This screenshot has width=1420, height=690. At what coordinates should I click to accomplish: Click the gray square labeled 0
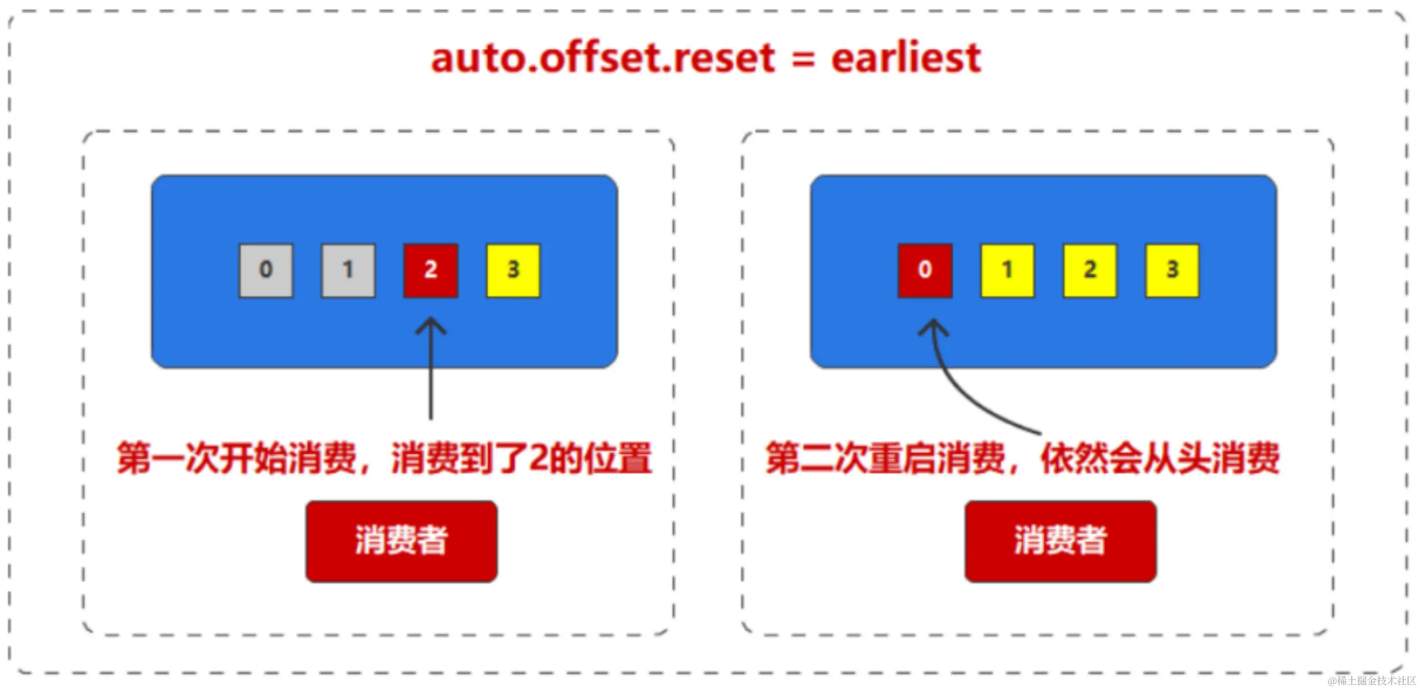[x=266, y=271]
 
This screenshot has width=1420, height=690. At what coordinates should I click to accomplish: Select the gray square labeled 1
[x=348, y=271]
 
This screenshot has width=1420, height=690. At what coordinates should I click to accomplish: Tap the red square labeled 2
[x=431, y=271]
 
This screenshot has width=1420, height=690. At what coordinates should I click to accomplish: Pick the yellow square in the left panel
[x=513, y=271]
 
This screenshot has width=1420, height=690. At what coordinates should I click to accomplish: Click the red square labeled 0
[x=925, y=271]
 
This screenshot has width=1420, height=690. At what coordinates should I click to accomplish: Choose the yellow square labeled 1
[x=1007, y=271]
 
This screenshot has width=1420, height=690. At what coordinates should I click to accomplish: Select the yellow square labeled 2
[x=1090, y=271]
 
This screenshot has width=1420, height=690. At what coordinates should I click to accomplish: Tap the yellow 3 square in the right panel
[x=1173, y=271]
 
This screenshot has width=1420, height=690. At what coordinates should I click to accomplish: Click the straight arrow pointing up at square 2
[x=431, y=368]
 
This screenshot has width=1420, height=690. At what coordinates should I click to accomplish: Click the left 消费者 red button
[x=402, y=541]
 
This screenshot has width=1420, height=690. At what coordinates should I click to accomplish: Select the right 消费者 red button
[x=1061, y=541]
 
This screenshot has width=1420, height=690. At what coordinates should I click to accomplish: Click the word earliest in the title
[x=906, y=58]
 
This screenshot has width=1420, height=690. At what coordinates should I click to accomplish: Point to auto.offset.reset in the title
[x=603, y=58]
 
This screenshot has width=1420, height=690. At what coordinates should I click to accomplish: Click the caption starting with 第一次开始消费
[x=384, y=458]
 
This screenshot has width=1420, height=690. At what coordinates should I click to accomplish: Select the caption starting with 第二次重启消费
[x=1022, y=458]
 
